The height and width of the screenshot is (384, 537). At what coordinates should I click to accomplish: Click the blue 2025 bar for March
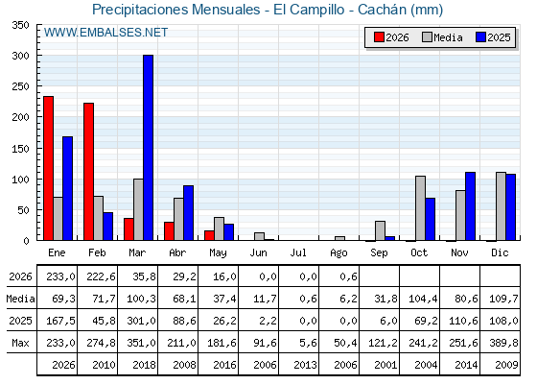(x=149, y=148)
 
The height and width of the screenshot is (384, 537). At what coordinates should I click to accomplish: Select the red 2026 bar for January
(x=48, y=168)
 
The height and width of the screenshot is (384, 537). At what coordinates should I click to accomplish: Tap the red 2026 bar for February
(x=88, y=172)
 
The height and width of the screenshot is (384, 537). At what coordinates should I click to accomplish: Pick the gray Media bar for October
(x=421, y=208)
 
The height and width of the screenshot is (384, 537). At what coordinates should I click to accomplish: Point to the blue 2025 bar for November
(x=470, y=206)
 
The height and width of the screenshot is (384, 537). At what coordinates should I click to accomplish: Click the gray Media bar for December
(x=501, y=206)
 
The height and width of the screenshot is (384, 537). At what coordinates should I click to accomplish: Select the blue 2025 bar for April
(x=188, y=213)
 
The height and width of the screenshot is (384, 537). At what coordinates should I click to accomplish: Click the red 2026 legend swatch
(x=379, y=37)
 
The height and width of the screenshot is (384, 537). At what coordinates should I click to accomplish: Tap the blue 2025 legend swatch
(x=480, y=37)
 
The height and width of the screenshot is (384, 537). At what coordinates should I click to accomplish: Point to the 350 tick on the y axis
(x=20, y=25)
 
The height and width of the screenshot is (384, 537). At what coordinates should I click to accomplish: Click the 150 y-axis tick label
(x=20, y=149)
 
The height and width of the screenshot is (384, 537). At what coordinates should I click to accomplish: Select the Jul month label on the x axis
(x=298, y=252)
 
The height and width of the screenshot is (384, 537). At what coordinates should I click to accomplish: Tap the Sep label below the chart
(x=379, y=252)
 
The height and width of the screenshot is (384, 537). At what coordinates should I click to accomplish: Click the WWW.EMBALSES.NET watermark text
(x=105, y=33)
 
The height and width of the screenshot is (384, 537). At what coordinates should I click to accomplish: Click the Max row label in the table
(x=20, y=343)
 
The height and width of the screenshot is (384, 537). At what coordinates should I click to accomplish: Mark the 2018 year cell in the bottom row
(x=144, y=365)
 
